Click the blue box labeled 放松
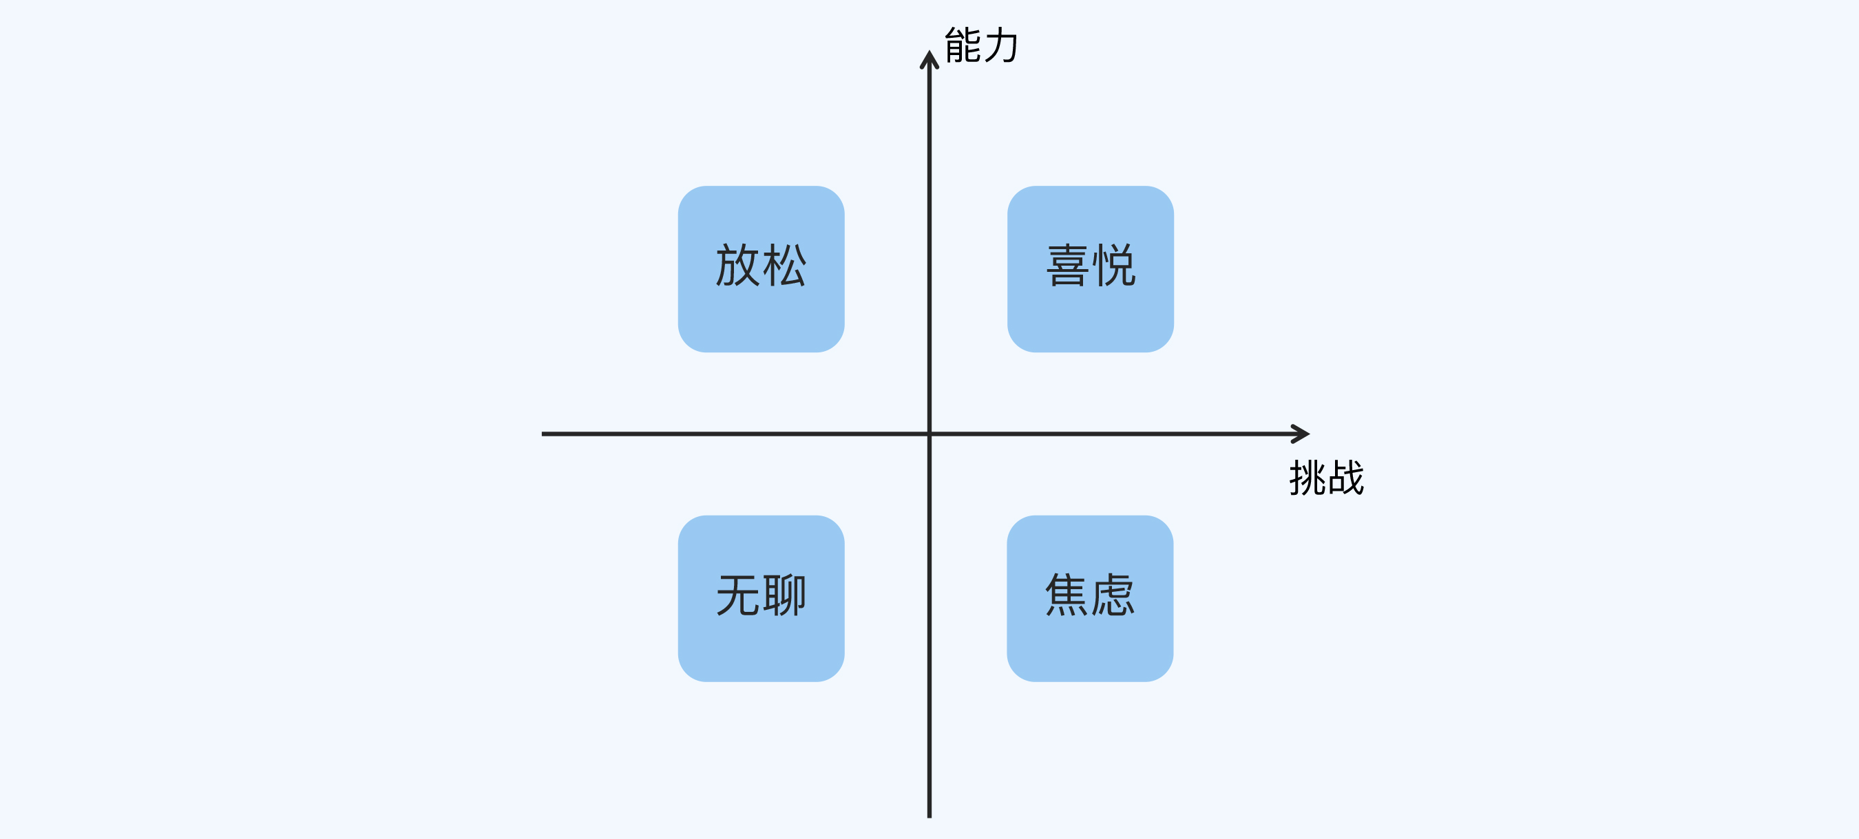761,269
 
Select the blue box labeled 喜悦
1090,269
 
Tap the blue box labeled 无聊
761,598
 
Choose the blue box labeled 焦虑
1090,598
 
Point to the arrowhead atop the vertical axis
929,59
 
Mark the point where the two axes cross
929,434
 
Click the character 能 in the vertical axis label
963,45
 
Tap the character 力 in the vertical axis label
1002,45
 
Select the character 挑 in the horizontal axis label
1307,478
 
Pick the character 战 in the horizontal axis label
1346,478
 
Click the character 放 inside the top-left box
737,265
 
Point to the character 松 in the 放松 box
784,265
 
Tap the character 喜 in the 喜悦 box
1067,265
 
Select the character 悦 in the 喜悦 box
1113,265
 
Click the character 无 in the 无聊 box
737,595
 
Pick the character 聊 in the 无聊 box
784,595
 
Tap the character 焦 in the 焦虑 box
1067,595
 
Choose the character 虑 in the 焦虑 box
1113,595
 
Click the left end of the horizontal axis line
543,434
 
